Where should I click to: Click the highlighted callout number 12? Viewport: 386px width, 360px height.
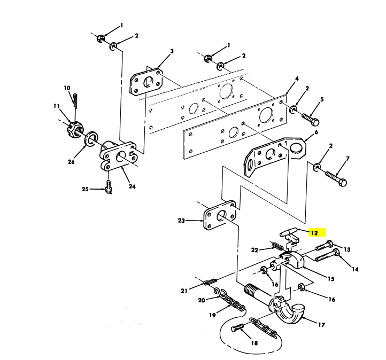[x=314, y=233]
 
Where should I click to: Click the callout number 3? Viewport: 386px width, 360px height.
[x=172, y=51]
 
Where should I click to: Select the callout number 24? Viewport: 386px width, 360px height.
[x=132, y=186]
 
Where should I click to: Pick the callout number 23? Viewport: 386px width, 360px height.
[x=181, y=220]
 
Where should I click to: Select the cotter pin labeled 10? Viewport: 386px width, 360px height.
[x=75, y=100]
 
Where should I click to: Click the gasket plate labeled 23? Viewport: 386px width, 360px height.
[x=219, y=216]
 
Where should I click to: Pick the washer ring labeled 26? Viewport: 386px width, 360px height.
[x=92, y=140]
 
